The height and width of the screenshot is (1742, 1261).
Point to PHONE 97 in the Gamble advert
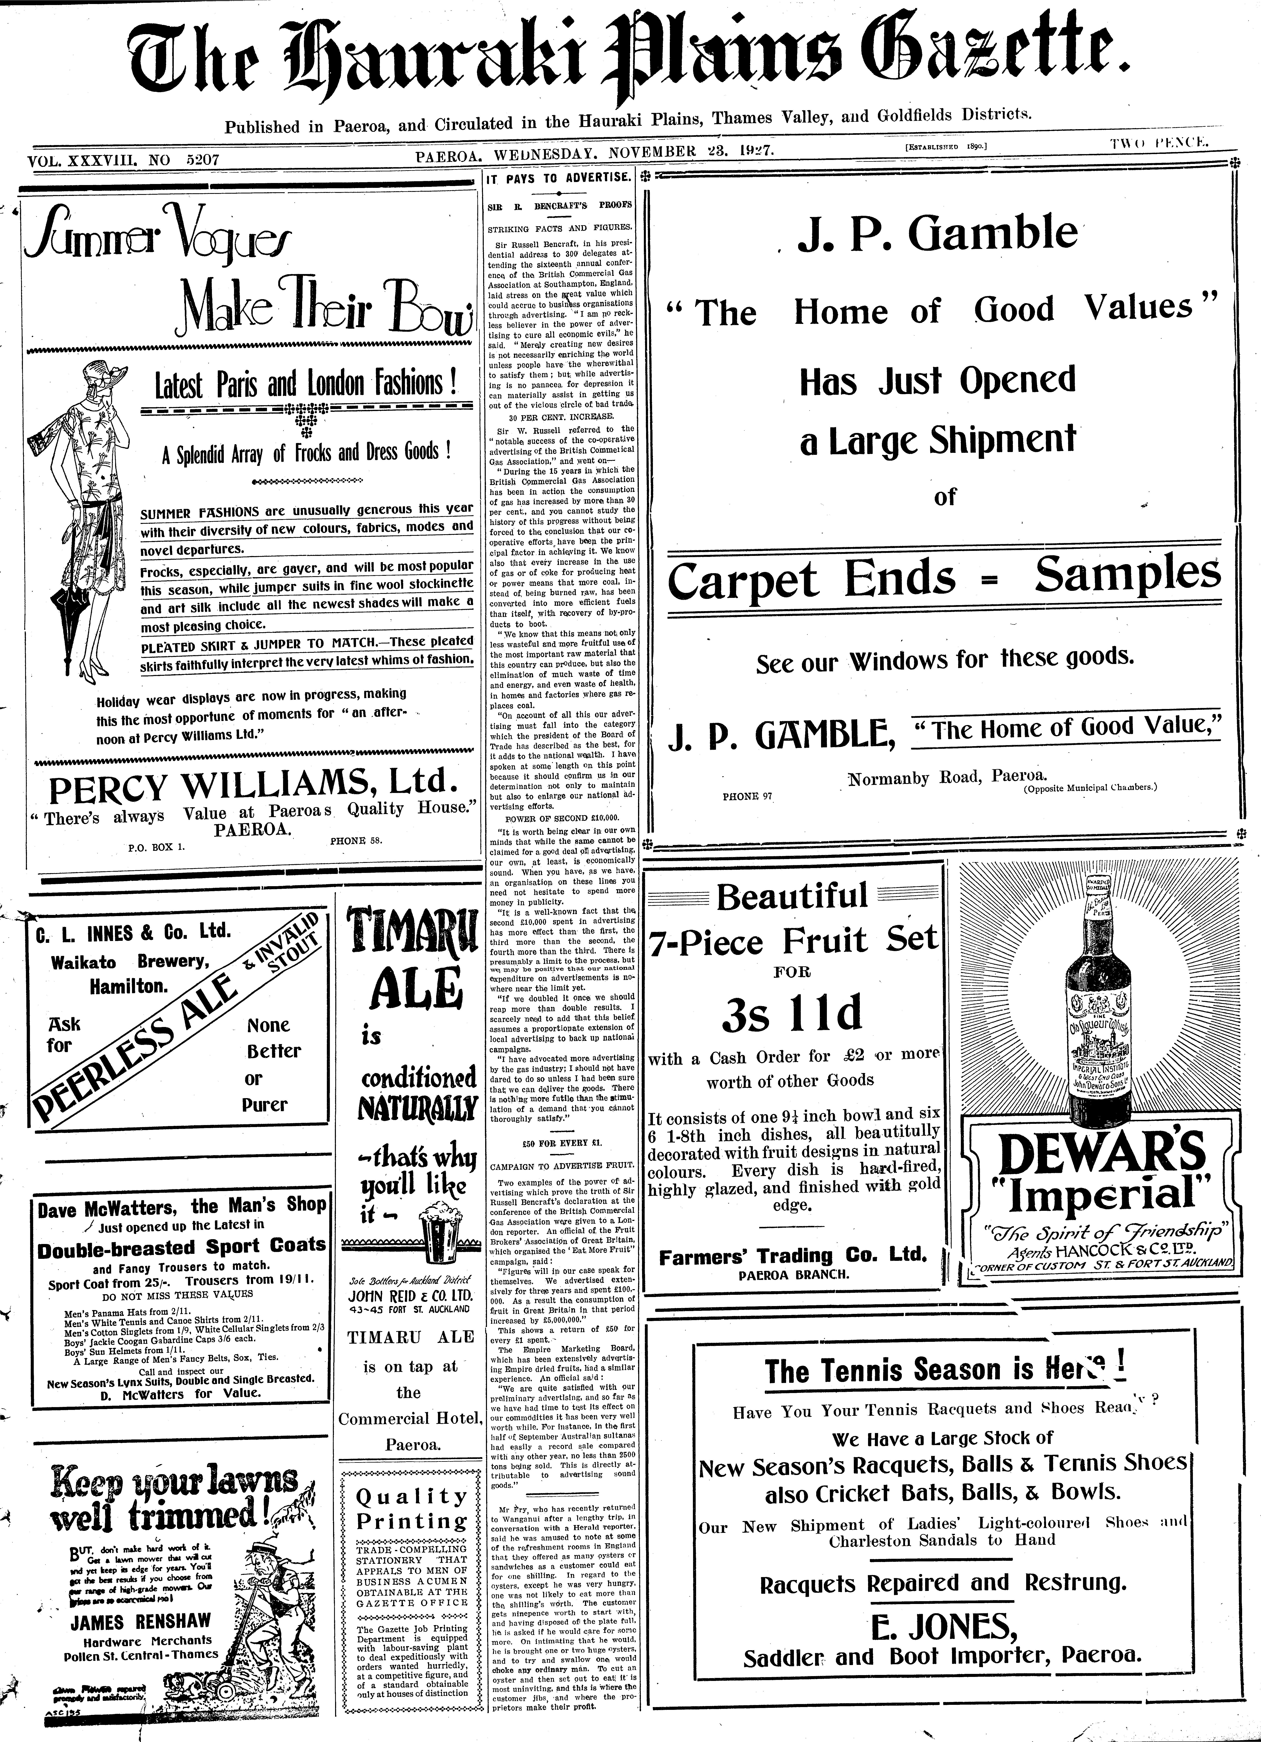pos(747,797)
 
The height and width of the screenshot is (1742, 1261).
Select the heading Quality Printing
pos(412,1509)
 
